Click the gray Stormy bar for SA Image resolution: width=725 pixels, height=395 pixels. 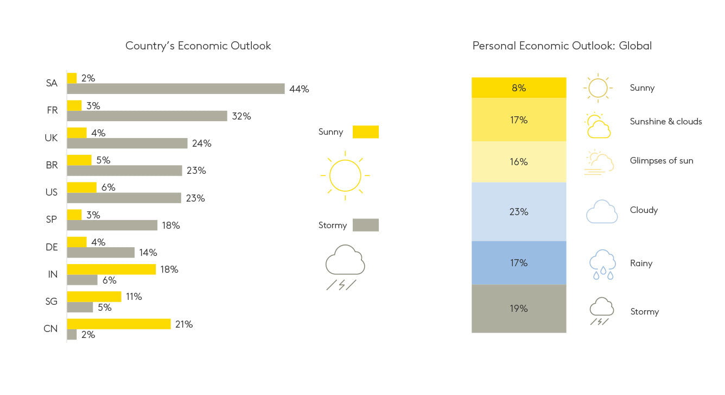[x=176, y=89]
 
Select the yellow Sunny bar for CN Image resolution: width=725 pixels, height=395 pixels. [x=119, y=324]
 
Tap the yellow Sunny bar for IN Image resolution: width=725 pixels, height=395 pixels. [x=111, y=269]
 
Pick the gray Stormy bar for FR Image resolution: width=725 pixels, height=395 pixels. [x=147, y=116]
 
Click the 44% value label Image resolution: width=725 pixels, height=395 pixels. [x=299, y=89]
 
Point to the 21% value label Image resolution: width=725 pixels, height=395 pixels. [x=184, y=324]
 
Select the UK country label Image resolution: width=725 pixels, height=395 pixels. [x=51, y=138]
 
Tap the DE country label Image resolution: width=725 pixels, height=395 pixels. [x=52, y=247]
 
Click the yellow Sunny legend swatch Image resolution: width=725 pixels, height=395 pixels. [x=366, y=132]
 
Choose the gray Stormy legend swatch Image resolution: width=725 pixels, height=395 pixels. [x=366, y=225]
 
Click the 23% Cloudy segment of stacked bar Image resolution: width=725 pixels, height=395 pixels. [x=519, y=211]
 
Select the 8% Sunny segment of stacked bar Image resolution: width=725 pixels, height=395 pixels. [x=519, y=87]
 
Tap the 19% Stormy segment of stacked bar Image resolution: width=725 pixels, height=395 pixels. [x=519, y=309]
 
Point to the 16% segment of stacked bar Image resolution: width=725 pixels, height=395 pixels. [x=519, y=162]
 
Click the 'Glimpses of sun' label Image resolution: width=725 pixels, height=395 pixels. [x=662, y=161]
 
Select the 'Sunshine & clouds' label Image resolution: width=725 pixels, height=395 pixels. [x=666, y=122]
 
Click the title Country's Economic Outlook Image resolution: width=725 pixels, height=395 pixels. [x=198, y=46]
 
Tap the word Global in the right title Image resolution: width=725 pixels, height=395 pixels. [x=635, y=46]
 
